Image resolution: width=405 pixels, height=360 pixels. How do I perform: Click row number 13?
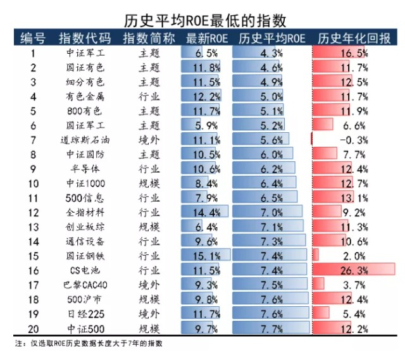coord(33,227)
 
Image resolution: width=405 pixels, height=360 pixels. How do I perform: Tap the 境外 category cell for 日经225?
coord(149,314)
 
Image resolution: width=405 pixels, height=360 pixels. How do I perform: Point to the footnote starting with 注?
coord(89,344)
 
